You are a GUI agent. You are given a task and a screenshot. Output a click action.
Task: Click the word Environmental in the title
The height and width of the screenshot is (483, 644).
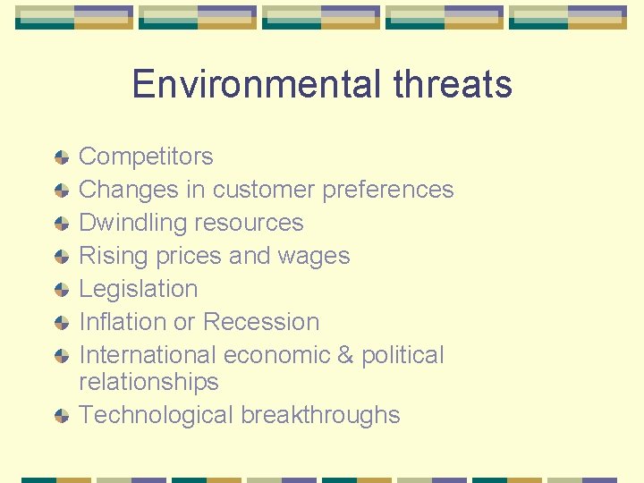[256, 84]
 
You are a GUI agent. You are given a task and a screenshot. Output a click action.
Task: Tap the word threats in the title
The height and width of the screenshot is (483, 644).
[452, 84]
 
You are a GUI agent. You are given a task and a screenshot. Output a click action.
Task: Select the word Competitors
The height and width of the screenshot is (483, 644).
[146, 157]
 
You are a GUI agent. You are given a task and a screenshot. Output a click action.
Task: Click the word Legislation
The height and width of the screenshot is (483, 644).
[138, 289]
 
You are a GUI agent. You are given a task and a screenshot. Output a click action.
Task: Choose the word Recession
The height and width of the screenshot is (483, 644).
[260, 322]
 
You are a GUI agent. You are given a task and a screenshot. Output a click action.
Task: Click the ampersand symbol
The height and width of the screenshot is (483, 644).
[345, 355]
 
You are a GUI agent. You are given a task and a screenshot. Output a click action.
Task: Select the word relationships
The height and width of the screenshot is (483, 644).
[148, 382]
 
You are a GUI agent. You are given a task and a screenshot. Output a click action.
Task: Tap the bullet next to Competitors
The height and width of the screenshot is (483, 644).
[61, 157]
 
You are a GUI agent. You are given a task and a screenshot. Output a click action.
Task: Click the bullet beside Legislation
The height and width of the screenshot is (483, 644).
[61, 290]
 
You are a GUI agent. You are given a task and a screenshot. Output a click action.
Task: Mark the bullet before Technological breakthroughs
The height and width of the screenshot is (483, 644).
[61, 416]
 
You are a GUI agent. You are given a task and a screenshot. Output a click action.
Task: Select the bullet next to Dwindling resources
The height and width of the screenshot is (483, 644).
[61, 224]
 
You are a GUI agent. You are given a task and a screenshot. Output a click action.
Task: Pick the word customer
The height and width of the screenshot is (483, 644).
[263, 190]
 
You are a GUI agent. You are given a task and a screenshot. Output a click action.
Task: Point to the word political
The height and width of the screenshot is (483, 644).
[402, 355]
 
